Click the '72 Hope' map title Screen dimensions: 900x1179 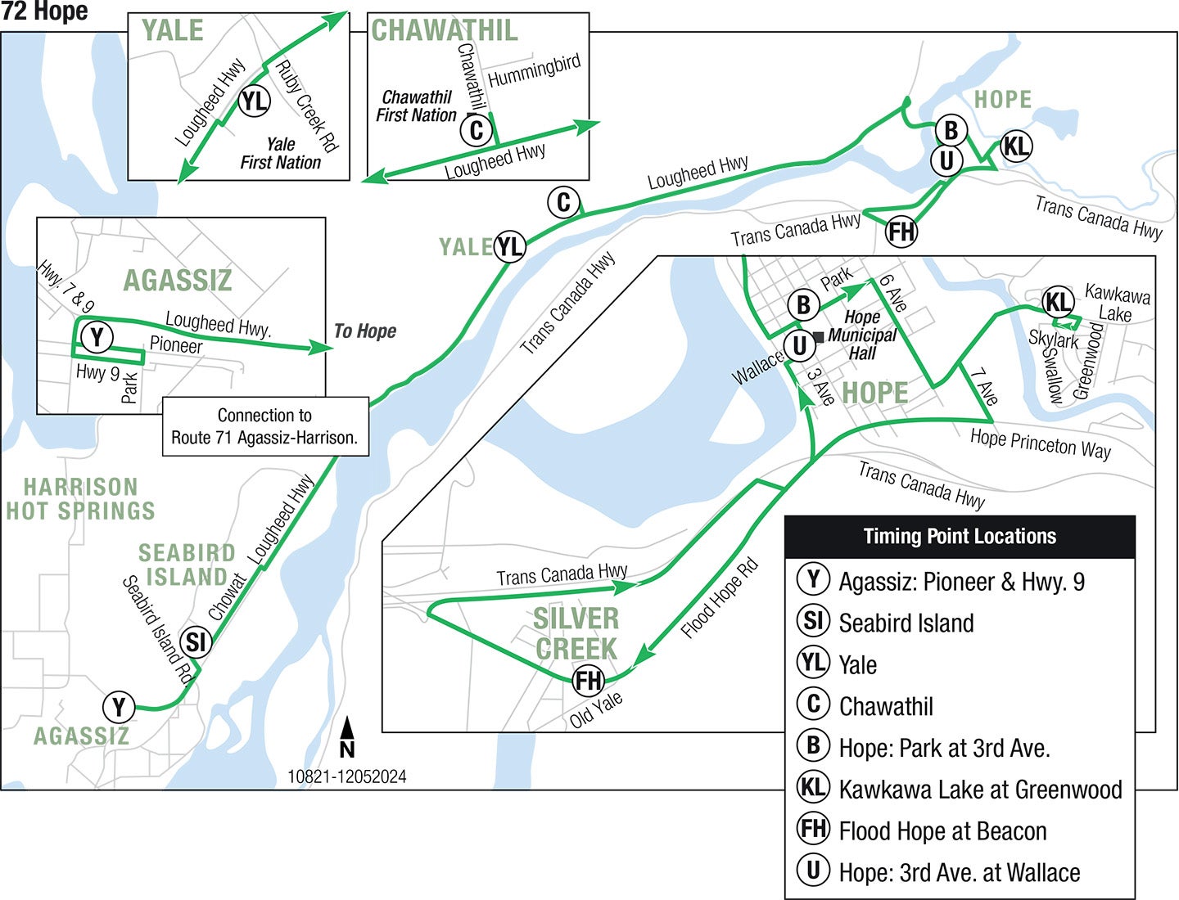pyautogui.click(x=45, y=11)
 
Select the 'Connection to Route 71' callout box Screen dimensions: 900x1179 pyautogui.click(x=264, y=426)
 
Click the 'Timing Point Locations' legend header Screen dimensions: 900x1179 pyautogui.click(x=960, y=537)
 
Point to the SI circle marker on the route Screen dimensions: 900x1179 pyautogui.click(x=195, y=642)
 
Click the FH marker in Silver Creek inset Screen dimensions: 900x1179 pyautogui.click(x=588, y=680)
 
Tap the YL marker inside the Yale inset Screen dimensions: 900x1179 pyautogui.click(x=254, y=101)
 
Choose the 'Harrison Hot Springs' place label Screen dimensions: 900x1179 pyautogui.click(x=80, y=499)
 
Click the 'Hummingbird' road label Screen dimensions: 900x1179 pyautogui.click(x=534, y=70)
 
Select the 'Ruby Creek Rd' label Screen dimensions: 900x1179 pyautogui.click(x=306, y=106)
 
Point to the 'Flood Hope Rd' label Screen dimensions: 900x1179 pyautogui.click(x=720, y=598)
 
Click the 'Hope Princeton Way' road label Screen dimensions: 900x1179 pyautogui.click(x=1040, y=443)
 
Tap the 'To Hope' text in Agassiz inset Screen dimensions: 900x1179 pyautogui.click(x=365, y=331)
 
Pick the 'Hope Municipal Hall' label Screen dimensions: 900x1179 pyautogui.click(x=862, y=335)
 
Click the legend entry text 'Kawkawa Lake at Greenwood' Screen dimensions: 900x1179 pyautogui.click(x=980, y=790)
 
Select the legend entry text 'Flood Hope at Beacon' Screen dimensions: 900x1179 pyautogui.click(x=942, y=831)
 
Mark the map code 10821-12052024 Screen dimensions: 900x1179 pyautogui.click(x=346, y=776)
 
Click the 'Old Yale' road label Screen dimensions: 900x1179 pyautogui.click(x=596, y=709)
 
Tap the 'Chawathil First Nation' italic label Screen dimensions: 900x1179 pyautogui.click(x=417, y=106)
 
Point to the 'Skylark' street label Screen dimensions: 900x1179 pyautogui.click(x=1053, y=338)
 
